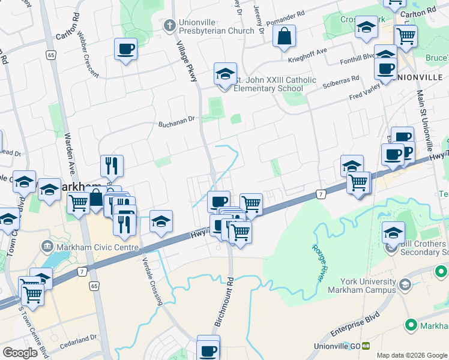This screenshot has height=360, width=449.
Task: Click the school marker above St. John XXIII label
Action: click(225, 76)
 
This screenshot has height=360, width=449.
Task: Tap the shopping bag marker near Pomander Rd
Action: click(284, 36)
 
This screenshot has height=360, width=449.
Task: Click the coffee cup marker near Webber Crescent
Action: click(125, 50)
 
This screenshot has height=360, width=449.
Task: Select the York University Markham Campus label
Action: click(361, 286)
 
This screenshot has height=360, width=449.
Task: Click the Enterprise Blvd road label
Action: click(356, 325)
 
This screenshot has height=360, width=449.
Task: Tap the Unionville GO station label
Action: click(337, 346)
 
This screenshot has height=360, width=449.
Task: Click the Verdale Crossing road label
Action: click(152, 280)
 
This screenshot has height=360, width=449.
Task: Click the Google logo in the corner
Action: click(20, 353)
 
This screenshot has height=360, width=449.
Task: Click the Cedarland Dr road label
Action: click(80, 338)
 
